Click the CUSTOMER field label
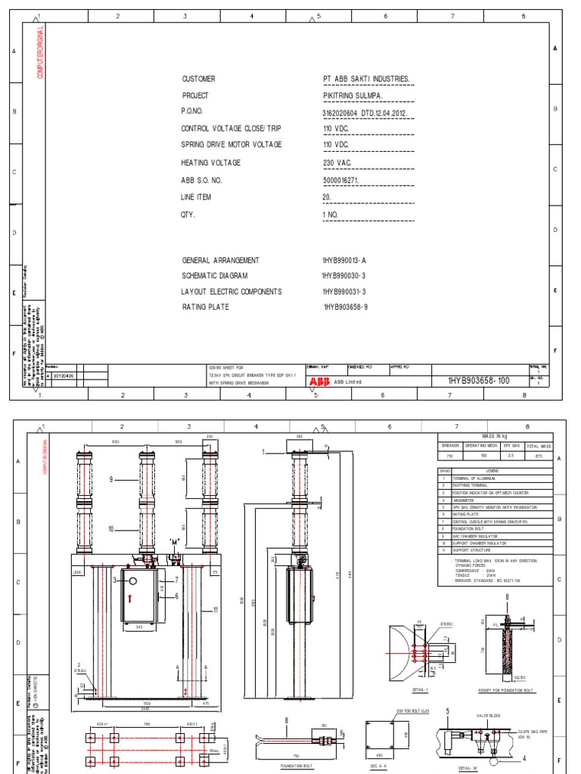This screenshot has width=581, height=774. pyautogui.click(x=198, y=79)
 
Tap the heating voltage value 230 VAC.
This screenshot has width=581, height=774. pyautogui.click(x=337, y=163)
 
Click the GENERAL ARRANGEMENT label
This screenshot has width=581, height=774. pyautogui.click(x=220, y=260)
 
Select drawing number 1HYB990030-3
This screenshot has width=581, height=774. pyautogui.click(x=344, y=276)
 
